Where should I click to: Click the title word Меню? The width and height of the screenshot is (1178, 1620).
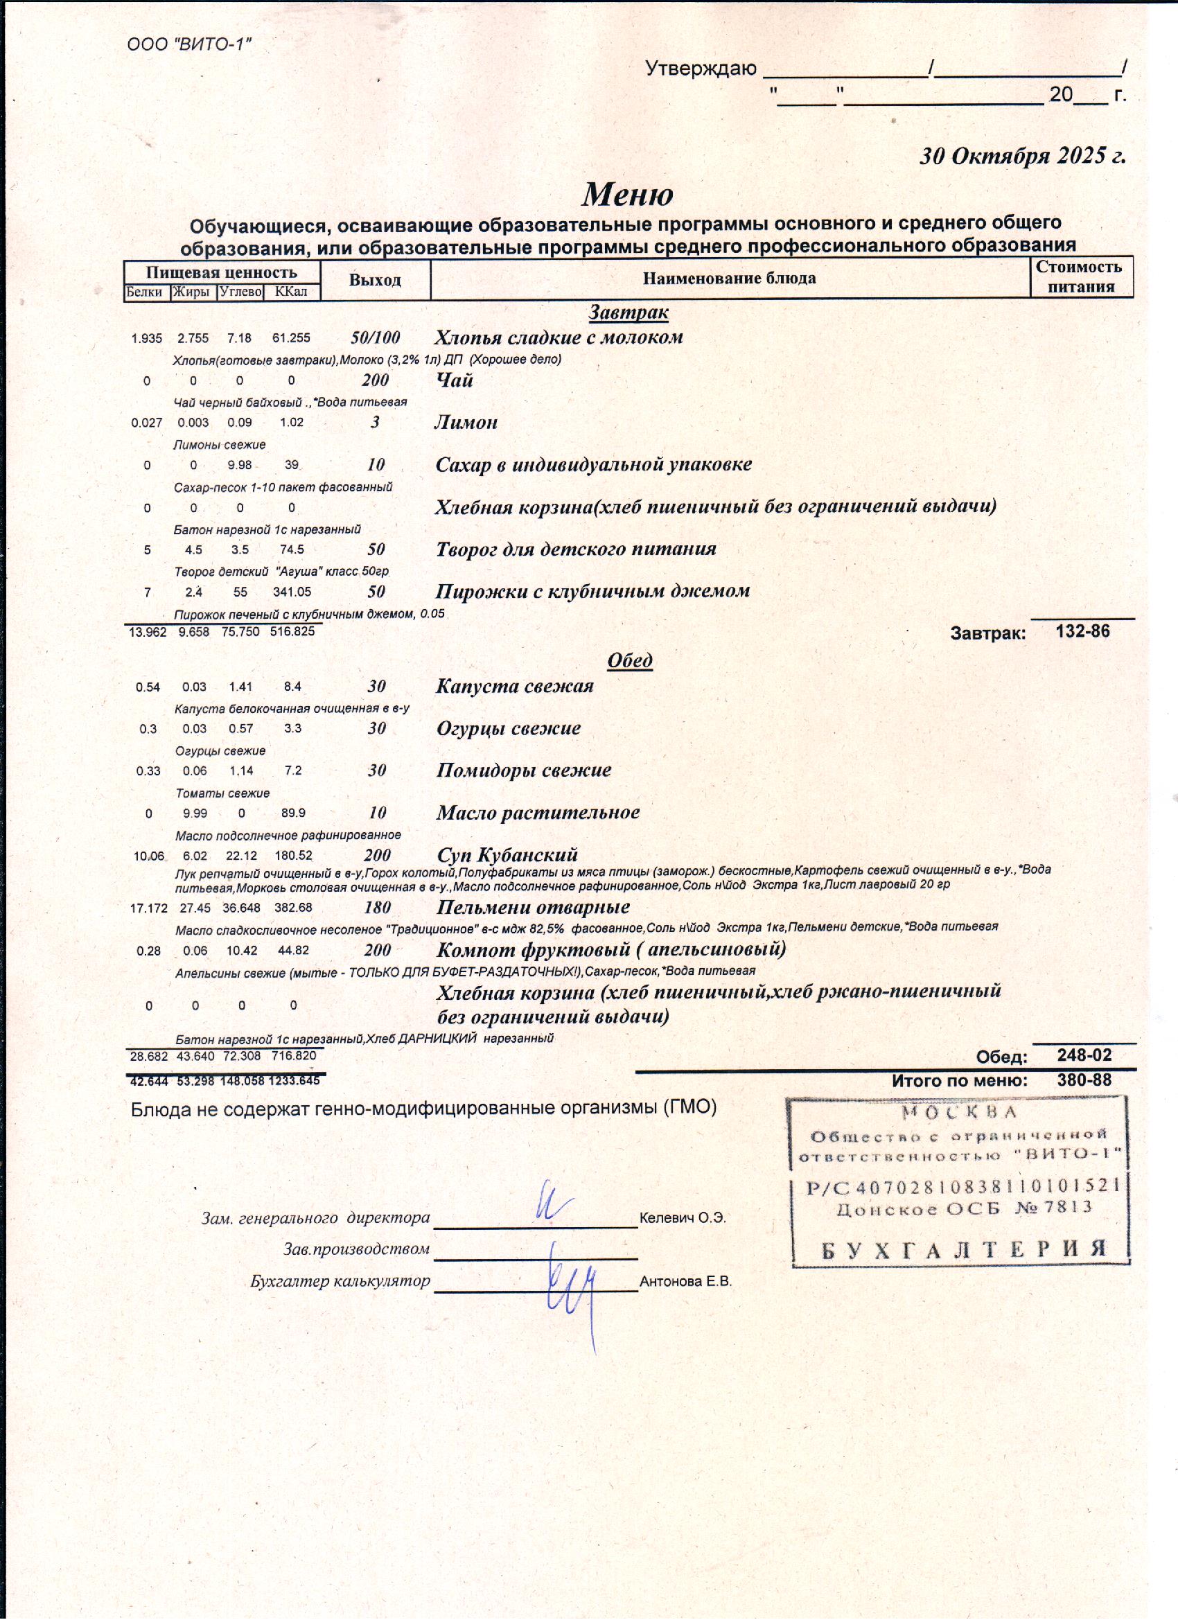[x=627, y=194]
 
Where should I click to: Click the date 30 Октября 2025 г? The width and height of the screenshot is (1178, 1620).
[x=1022, y=156]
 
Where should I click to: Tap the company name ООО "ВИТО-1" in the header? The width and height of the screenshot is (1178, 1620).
[x=189, y=45]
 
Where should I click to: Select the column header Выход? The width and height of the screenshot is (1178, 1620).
[x=375, y=280]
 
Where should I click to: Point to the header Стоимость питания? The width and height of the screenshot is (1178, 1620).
[x=1080, y=276]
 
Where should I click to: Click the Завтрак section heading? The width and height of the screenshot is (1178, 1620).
[x=628, y=312]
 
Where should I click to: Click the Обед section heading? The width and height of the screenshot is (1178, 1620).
[x=629, y=660]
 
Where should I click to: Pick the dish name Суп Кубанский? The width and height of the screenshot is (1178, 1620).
[x=507, y=855]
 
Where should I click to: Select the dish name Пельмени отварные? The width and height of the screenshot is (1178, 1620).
[x=533, y=907]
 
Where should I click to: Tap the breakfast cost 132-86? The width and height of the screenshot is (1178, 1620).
[x=1082, y=631]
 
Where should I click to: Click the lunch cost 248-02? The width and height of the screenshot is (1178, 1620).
[x=1084, y=1056]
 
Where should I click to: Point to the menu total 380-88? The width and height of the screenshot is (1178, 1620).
[x=1084, y=1081]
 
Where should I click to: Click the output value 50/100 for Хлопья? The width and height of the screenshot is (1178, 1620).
[x=375, y=338]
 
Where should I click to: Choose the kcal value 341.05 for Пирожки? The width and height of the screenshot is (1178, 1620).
[x=292, y=592]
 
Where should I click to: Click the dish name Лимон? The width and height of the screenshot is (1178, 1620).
[x=466, y=422]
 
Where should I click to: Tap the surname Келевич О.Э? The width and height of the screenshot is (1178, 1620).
[x=683, y=1219]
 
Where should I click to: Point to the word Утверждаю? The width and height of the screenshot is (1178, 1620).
[x=700, y=69]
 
